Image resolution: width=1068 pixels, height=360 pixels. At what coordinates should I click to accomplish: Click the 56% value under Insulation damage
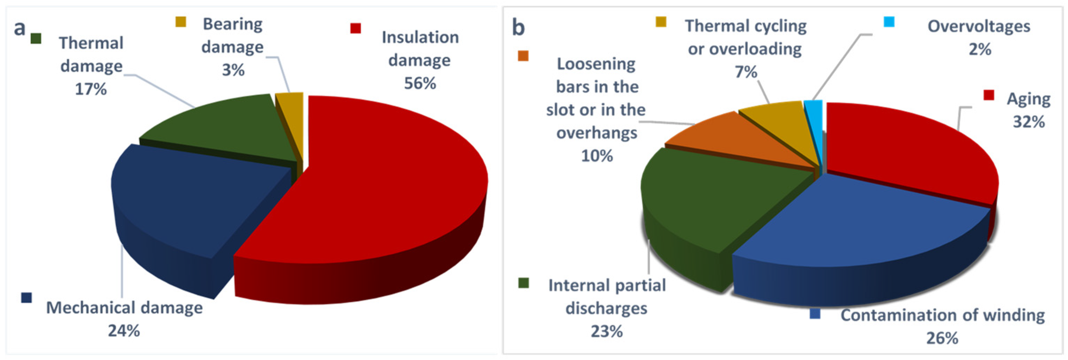pos(420,83)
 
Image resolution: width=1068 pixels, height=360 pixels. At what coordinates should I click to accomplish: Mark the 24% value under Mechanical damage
pos(124,331)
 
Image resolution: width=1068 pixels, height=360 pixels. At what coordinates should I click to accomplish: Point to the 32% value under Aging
pos(1029,122)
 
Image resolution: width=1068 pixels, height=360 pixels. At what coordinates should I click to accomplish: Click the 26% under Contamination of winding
pos(942,338)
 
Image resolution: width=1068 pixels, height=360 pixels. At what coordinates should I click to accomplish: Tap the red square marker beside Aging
pos(989,95)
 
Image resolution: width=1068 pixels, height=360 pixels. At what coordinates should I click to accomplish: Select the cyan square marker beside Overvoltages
pos(889,22)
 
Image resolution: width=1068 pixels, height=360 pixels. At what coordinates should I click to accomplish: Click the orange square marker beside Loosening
pos(523,56)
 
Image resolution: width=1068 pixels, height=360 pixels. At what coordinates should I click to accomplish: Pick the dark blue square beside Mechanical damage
pos(27,297)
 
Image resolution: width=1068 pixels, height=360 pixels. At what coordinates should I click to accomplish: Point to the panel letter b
pos(518,27)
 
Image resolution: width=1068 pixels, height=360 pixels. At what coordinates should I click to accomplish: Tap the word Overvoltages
pos(979,27)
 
